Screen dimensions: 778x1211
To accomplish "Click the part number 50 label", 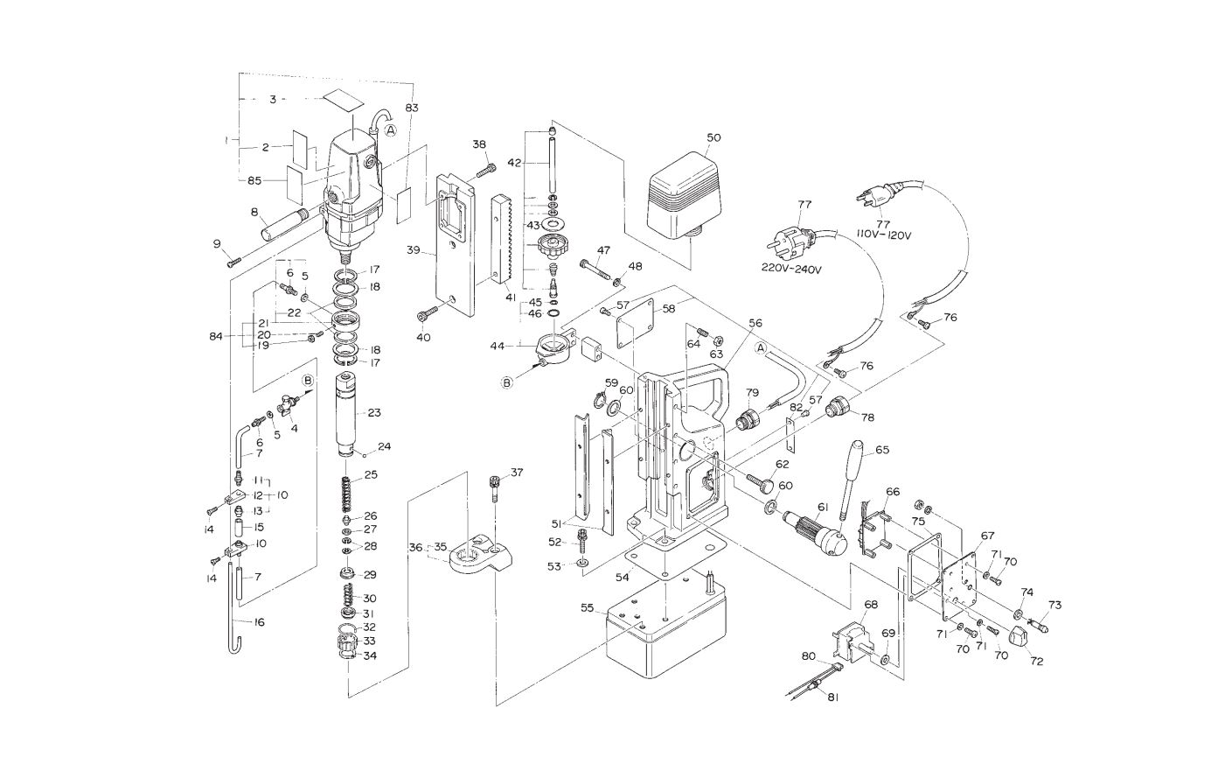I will [714, 137].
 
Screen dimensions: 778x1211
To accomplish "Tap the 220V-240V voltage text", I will [790, 269].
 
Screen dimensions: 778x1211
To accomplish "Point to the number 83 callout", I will [412, 108].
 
